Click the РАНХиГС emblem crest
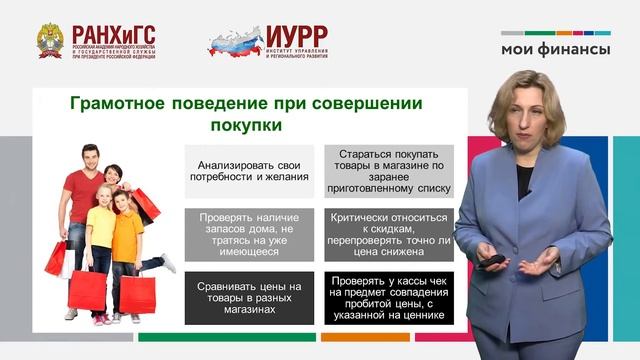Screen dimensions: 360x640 tap(49, 39)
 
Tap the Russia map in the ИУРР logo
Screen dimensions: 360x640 tap(237, 41)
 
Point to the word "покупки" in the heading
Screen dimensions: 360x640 tap(246, 126)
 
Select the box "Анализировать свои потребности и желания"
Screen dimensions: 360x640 tap(249, 170)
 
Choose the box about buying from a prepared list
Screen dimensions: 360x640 tap(387, 170)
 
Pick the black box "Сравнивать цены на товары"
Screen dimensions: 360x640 tap(249, 297)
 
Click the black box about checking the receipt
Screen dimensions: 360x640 tap(387, 297)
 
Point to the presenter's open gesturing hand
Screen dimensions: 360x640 tap(539, 262)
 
